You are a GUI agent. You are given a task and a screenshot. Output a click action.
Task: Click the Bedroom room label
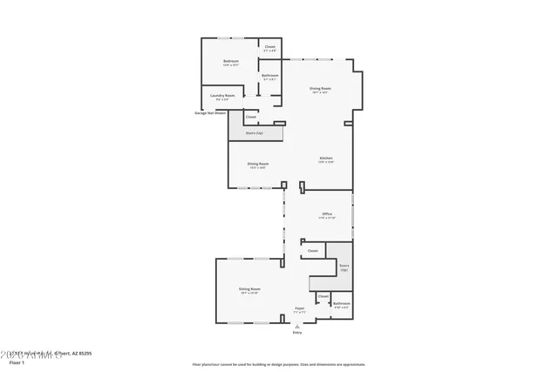(230, 61)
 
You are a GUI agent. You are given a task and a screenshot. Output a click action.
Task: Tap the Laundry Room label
(224, 95)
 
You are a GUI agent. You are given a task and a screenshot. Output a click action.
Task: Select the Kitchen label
(326, 158)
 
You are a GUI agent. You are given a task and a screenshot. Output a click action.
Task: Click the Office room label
(327, 213)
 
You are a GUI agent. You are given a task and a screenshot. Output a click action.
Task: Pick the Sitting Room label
(250, 288)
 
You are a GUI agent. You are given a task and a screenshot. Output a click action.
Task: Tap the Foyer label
(299, 308)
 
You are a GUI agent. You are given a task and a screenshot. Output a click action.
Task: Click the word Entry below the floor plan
(297, 332)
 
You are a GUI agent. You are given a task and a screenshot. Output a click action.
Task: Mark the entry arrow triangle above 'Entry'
(297, 326)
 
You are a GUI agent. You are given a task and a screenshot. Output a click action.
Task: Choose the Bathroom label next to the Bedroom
(270, 76)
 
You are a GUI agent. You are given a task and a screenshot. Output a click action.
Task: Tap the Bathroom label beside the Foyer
(341, 303)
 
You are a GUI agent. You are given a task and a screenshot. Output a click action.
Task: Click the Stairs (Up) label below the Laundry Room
(255, 133)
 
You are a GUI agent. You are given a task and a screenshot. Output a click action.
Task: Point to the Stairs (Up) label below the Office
(344, 267)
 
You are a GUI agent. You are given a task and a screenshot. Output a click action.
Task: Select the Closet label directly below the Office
(312, 250)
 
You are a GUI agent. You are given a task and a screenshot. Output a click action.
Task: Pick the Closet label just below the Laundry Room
(251, 116)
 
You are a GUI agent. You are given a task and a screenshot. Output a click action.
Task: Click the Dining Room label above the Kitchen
(320, 88)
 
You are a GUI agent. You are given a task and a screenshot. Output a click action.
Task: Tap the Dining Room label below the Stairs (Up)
(257, 164)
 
